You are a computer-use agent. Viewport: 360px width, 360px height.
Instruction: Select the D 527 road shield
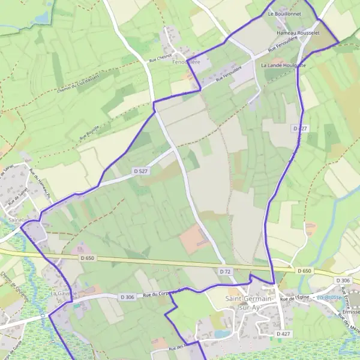pyautogui.click(x=140, y=172)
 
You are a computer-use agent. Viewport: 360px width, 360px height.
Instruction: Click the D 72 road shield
pyautogui.click(x=225, y=272)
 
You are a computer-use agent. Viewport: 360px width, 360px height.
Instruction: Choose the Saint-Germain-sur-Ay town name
pyautogui.click(x=249, y=302)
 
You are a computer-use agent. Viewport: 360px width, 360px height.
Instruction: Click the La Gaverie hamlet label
pyautogui.click(x=62, y=294)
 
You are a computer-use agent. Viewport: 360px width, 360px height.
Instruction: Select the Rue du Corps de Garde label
pyautogui.click(x=165, y=293)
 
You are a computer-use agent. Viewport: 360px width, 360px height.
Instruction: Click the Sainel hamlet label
pyautogui.click(x=17, y=220)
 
